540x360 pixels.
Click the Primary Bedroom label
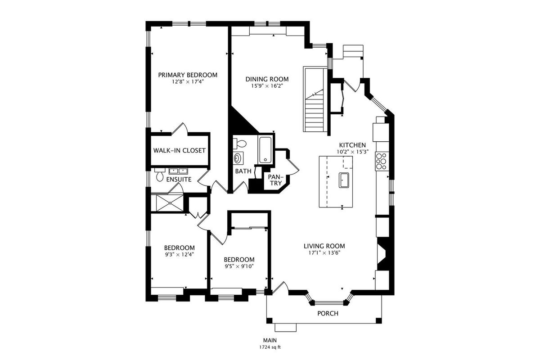coord(188,75)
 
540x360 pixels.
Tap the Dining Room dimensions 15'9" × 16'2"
coord(267,85)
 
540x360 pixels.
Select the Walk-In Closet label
coord(180,150)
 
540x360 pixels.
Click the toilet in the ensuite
coord(160,175)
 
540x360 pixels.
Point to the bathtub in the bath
coord(265,150)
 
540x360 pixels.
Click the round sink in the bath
coord(238,158)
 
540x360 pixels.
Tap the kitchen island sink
coord(344,180)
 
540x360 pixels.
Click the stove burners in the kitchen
coord(382,161)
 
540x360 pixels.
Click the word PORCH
coord(328,314)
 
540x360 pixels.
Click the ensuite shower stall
coord(170,203)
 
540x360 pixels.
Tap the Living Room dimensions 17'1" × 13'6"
coord(324,253)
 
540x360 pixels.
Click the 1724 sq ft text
coord(270,347)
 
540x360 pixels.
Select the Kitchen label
coord(352,145)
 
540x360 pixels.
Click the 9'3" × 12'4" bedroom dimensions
coord(180,254)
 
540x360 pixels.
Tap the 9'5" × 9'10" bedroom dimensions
coord(239,266)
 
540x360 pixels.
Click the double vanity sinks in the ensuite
coord(178,171)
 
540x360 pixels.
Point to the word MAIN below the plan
coord(270,340)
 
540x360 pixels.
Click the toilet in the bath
coord(239,144)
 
